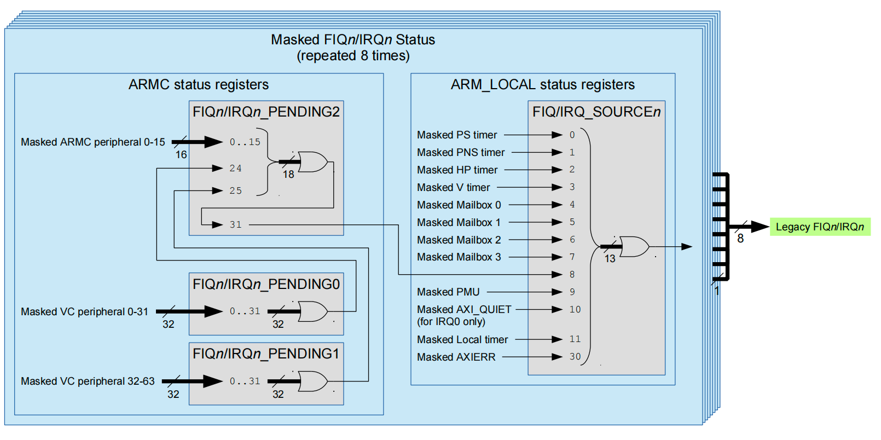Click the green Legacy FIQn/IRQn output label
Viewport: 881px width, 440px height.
pos(820,227)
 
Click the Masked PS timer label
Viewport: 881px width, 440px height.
pos(457,135)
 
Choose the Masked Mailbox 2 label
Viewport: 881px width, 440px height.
pos(459,240)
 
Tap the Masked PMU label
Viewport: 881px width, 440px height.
pos(448,292)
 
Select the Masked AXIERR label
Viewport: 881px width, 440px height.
pos(456,357)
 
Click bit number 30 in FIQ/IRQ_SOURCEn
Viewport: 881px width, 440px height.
pos(575,357)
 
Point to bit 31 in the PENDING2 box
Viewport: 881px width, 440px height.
pos(235,224)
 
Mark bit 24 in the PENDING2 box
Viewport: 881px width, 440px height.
pos(235,168)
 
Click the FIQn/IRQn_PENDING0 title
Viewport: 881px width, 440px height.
pos(266,284)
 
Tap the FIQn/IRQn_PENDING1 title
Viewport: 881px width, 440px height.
pos(266,354)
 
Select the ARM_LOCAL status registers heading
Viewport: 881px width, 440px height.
pos(542,84)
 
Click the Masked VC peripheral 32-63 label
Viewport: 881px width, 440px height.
pos(88,381)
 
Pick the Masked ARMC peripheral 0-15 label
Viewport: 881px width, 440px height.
pos(92,142)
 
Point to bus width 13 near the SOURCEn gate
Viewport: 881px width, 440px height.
pos(610,258)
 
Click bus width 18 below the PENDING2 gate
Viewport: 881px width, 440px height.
pos(288,174)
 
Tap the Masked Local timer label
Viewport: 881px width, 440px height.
pos(462,339)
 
